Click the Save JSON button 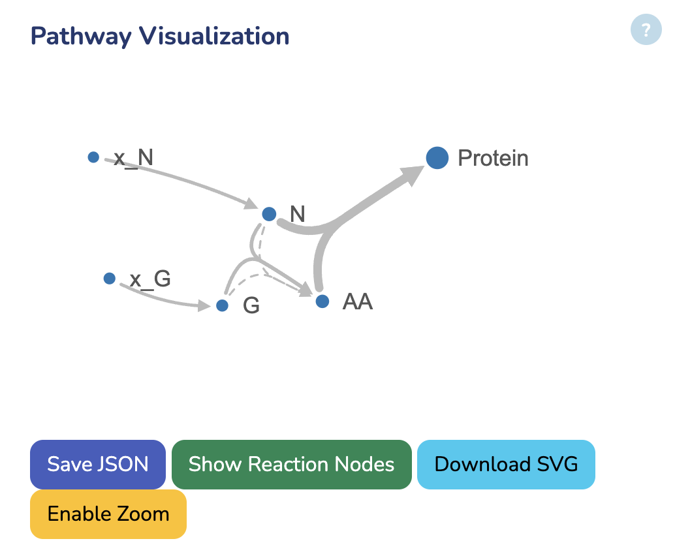[98, 464]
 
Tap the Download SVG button [506, 464]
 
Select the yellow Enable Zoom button [108, 514]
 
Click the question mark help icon [646, 29]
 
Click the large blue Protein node [437, 157]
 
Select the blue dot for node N [269, 214]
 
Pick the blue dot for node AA [322, 301]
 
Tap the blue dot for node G [222, 305]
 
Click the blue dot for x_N [93, 157]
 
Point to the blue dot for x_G [110, 279]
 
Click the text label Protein [493, 158]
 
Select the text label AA [357, 302]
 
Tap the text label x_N [134, 158]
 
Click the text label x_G [150, 279]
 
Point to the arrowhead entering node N [251, 204]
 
